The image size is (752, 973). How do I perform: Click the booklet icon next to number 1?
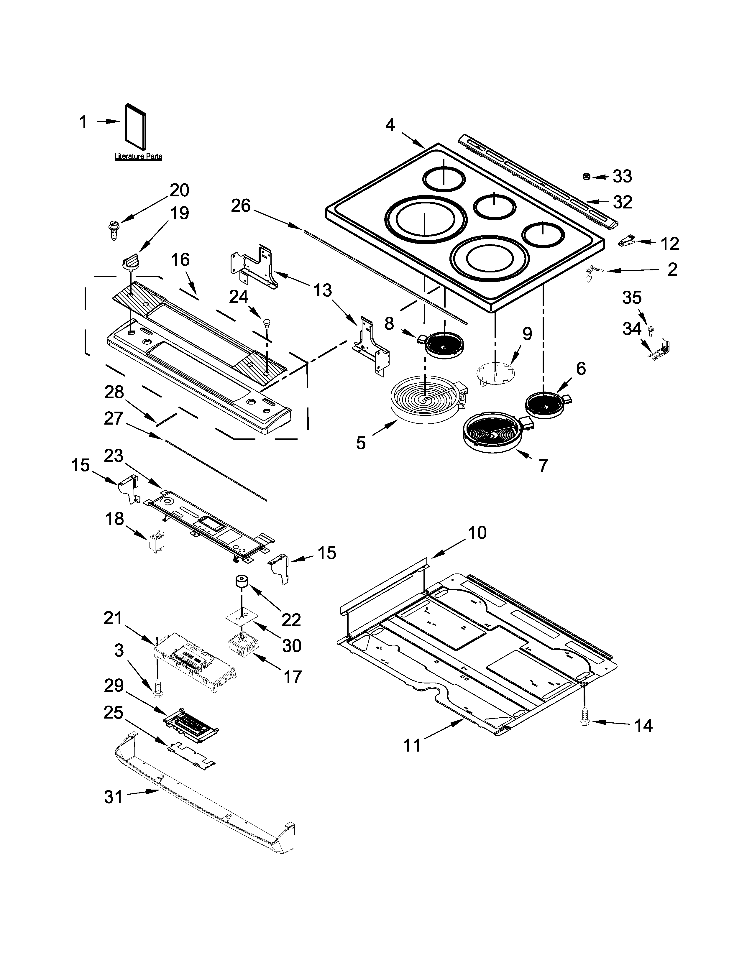(135, 127)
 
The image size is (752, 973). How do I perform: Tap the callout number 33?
(622, 176)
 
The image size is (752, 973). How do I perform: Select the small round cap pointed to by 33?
(587, 177)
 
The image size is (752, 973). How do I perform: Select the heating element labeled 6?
(546, 405)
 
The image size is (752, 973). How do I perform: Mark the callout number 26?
(241, 206)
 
